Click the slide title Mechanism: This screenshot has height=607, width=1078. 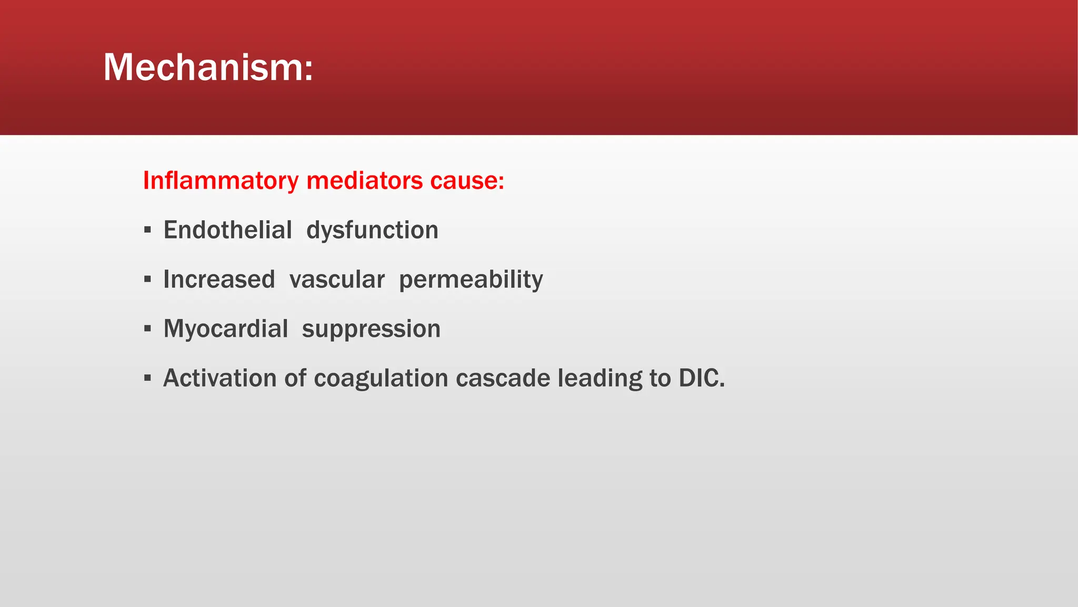(208, 67)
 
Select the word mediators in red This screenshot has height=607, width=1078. (364, 181)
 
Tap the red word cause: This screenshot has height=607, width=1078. (467, 181)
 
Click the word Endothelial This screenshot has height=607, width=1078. (227, 230)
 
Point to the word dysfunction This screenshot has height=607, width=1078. (372, 230)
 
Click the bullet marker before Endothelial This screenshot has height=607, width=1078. (147, 230)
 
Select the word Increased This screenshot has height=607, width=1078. (219, 279)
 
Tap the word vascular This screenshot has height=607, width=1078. (337, 280)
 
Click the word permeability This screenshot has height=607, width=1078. (471, 280)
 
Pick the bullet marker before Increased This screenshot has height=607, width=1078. (147, 279)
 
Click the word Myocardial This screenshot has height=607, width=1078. (225, 329)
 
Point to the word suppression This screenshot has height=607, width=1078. (371, 329)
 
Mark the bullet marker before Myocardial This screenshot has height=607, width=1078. (147, 329)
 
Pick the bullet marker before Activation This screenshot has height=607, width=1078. (147, 378)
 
